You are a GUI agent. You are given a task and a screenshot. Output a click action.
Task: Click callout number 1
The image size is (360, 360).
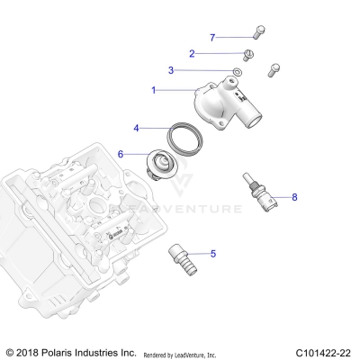click(x=154, y=90)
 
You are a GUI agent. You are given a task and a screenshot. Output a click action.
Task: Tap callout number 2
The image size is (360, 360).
click(x=192, y=53)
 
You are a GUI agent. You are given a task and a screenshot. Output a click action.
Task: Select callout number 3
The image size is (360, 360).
click(x=171, y=70)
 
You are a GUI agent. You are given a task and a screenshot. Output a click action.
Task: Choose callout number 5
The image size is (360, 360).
click(x=213, y=254)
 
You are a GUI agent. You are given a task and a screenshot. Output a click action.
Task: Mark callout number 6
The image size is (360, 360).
click(x=120, y=154)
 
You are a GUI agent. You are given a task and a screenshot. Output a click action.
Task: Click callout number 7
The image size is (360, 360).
click(x=212, y=37)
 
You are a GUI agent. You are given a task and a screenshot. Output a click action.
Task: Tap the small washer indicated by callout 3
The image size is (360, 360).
click(x=237, y=71)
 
